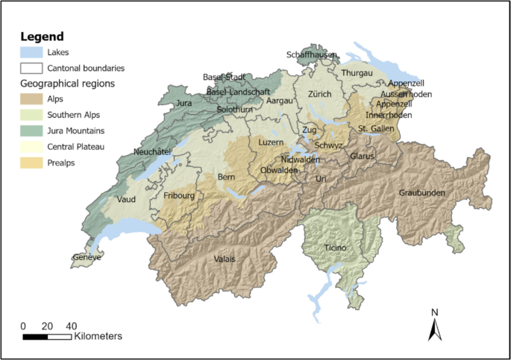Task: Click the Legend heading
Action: [42, 37]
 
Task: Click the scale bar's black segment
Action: [35, 337]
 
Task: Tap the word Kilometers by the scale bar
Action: [98, 337]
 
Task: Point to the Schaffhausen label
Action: [312, 55]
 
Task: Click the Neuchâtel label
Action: [152, 151]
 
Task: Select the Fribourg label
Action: [179, 196]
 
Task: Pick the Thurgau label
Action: [357, 73]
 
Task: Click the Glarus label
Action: [361, 156]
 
